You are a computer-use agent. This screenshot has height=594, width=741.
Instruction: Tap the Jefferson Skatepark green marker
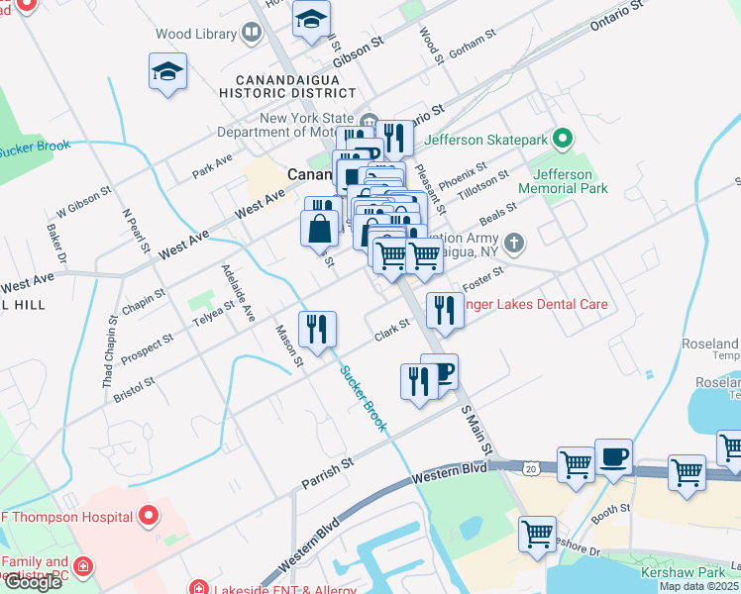pyautogui.click(x=563, y=139)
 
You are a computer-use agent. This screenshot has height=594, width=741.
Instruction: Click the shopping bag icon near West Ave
pyautogui.click(x=320, y=228)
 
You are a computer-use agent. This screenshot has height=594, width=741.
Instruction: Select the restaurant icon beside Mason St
pyautogui.click(x=317, y=329)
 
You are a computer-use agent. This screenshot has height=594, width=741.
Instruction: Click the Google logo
pyautogui.click(x=33, y=582)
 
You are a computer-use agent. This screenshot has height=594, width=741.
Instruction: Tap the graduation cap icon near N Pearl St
pyautogui.click(x=167, y=72)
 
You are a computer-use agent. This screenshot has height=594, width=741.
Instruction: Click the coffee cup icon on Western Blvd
pyautogui.click(x=613, y=456)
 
